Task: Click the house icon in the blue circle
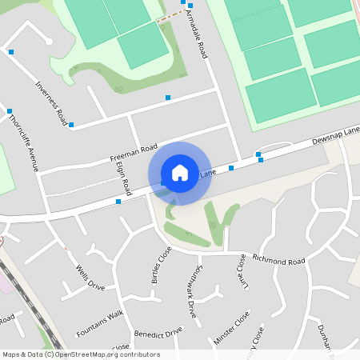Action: [x=180, y=172]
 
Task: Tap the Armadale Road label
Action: [x=196, y=36]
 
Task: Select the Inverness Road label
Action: [x=51, y=103]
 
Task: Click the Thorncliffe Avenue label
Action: [x=24, y=143]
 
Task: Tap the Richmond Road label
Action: [x=278, y=262]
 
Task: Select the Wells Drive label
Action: [x=90, y=277]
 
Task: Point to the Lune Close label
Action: [x=242, y=271]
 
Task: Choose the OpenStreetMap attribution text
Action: [x=80, y=354]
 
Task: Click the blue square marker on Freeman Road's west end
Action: [x=118, y=202]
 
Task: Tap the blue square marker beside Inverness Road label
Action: [x=71, y=125]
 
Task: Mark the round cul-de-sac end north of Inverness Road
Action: [x=49, y=40]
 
